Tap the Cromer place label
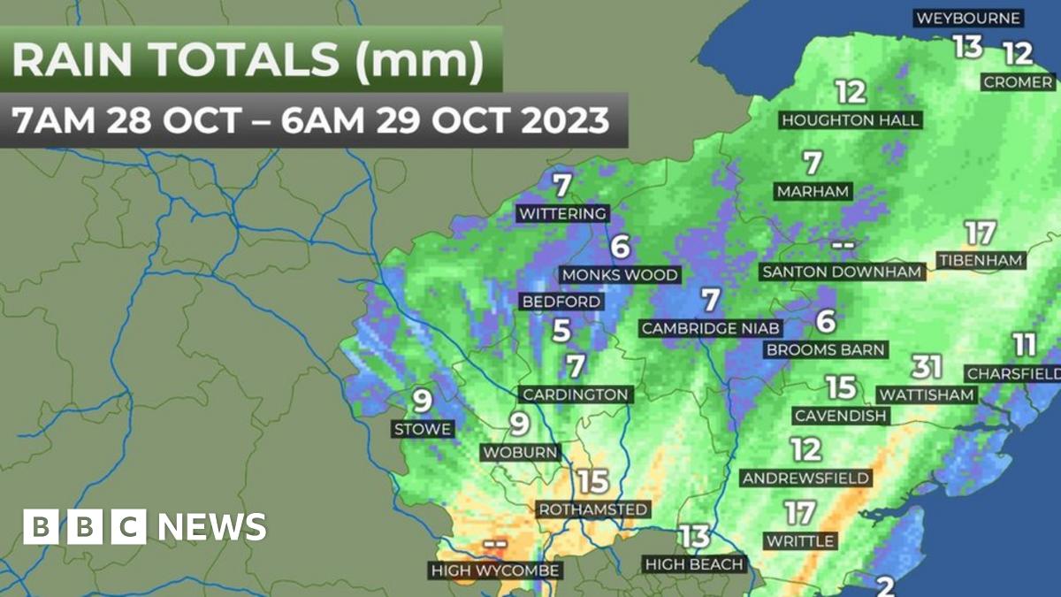tap(1018, 81)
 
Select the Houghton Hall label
tap(851, 119)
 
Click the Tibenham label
tap(980, 260)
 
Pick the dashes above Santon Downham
tap(841, 244)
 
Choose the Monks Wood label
tap(620, 274)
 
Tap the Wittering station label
tap(563, 213)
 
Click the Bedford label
tap(561, 302)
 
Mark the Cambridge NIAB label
tap(711, 328)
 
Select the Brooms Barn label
tap(825, 349)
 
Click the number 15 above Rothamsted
tap(593, 482)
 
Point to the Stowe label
tap(423, 429)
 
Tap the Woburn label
tap(520, 452)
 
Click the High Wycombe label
tap(495, 570)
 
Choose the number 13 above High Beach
tap(694, 536)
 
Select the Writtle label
tap(800, 540)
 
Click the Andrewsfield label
tap(805, 478)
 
